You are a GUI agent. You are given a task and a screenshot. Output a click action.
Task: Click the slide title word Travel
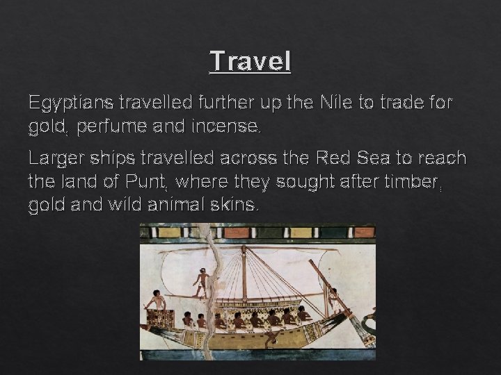click(x=250, y=61)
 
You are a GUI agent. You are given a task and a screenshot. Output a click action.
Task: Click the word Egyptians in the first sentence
click(x=72, y=104)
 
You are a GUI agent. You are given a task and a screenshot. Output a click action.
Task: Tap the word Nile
click(x=335, y=103)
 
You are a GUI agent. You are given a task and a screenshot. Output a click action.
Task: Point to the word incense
click(x=228, y=128)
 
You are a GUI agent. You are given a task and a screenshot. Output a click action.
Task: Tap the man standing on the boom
click(x=201, y=281)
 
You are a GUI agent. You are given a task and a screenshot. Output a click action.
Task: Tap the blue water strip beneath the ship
click(x=257, y=354)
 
